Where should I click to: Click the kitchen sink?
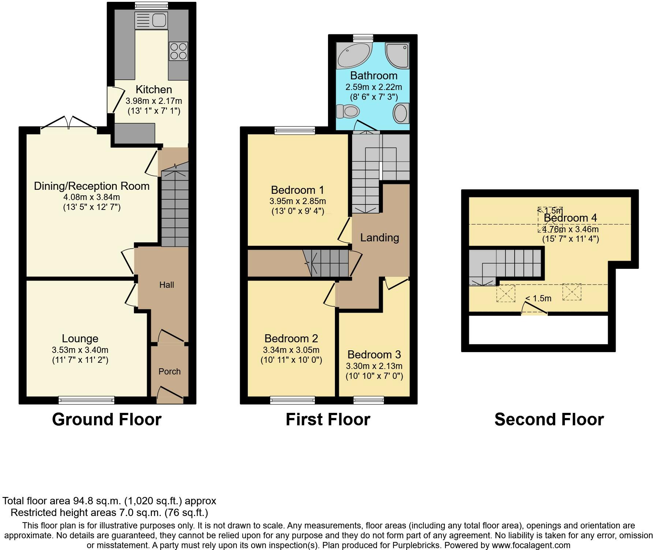pos(151,20)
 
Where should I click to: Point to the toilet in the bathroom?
pos(347,112)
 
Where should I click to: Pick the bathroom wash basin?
pos(400,113)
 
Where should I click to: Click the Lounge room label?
pos(80,339)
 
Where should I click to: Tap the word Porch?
pos(169,372)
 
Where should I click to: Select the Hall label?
pos(167,285)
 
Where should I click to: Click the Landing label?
pos(380,238)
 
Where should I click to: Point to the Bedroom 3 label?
pos(374,354)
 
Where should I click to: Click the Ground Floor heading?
pos(107,419)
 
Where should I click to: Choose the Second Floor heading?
pos(549,419)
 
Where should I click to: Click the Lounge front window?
pos(86,400)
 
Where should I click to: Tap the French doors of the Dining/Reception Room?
pos(69,123)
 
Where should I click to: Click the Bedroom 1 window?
pos(295,131)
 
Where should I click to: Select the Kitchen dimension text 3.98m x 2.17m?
pos(154,101)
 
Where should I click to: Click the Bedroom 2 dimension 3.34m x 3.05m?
pos(291,350)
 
